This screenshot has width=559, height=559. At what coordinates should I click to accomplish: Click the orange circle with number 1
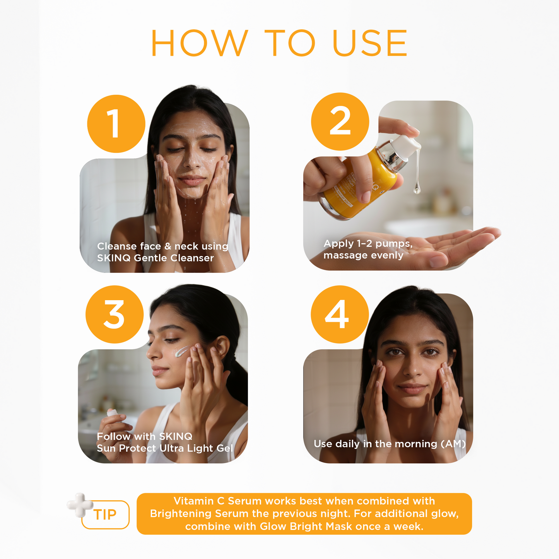(x=116, y=124)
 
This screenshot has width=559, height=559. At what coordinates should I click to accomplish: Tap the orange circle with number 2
(x=340, y=121)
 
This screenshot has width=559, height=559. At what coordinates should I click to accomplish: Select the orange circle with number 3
(x=115, y=315)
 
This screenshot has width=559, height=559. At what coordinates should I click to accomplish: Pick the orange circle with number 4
(x=340, y=315)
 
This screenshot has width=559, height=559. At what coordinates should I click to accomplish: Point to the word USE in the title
(x=370, y=43)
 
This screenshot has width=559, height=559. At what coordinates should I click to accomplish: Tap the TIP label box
(x=105, y=515)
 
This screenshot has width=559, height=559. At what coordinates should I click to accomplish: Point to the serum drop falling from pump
(x=417, y=188)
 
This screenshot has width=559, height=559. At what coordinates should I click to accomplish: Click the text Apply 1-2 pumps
(x=368, y=244)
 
